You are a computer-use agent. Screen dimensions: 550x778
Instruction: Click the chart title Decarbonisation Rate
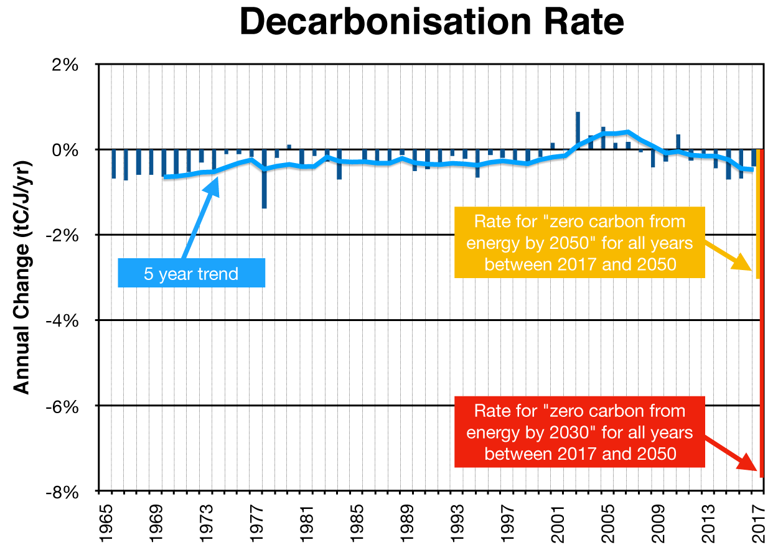point(431,23)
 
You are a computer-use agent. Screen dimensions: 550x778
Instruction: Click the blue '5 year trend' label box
point(191,273)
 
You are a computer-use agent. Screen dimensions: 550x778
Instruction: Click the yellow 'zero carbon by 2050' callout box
point(579,243)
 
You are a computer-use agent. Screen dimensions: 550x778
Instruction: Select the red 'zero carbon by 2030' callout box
point(579,432)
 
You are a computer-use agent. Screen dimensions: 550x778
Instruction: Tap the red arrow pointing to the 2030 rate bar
point(730,457)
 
